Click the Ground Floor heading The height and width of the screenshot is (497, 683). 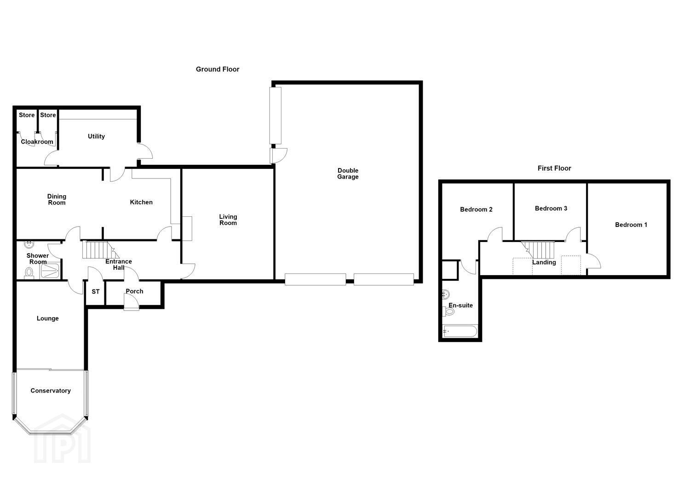pyautogui.click(x=218, y=69)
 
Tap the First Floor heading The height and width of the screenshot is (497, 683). pyautogui.click(x=554, y=168)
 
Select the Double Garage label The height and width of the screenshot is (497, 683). pyautogui.click(x=348, y=173)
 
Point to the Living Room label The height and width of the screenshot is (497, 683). pyautogui.click(x=228, y=220)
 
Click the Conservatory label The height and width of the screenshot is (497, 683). pyautogui.click(x=51, y=391)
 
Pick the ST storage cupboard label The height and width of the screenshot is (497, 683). pyautogui.click(x=96, y=292)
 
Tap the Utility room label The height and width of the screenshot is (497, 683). pyautogui.click(x=96, y=136)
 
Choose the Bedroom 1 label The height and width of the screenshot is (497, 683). pyautogui.click(x=631, y=225)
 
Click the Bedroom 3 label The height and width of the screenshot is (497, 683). pyautogui.click(x=551, y=208)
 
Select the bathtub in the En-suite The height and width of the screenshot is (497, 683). pyautogui.click(x=460, y=331)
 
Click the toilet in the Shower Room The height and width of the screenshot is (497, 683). pyautogui.click(x=29, y=272)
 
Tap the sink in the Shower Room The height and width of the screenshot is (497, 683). pyautogui.click(x=29, y=244)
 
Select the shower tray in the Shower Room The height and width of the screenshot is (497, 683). pyautogui.click(x=50, y=271)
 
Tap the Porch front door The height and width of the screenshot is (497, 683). pyautogui.click(x=132, y=302)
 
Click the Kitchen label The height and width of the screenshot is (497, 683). pyautogui.click(x=141, y=202)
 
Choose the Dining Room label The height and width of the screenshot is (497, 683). pyautogui.click(x=57, y=200)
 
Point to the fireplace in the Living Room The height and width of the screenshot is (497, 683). pyautogui.click(x=187, y=229)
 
